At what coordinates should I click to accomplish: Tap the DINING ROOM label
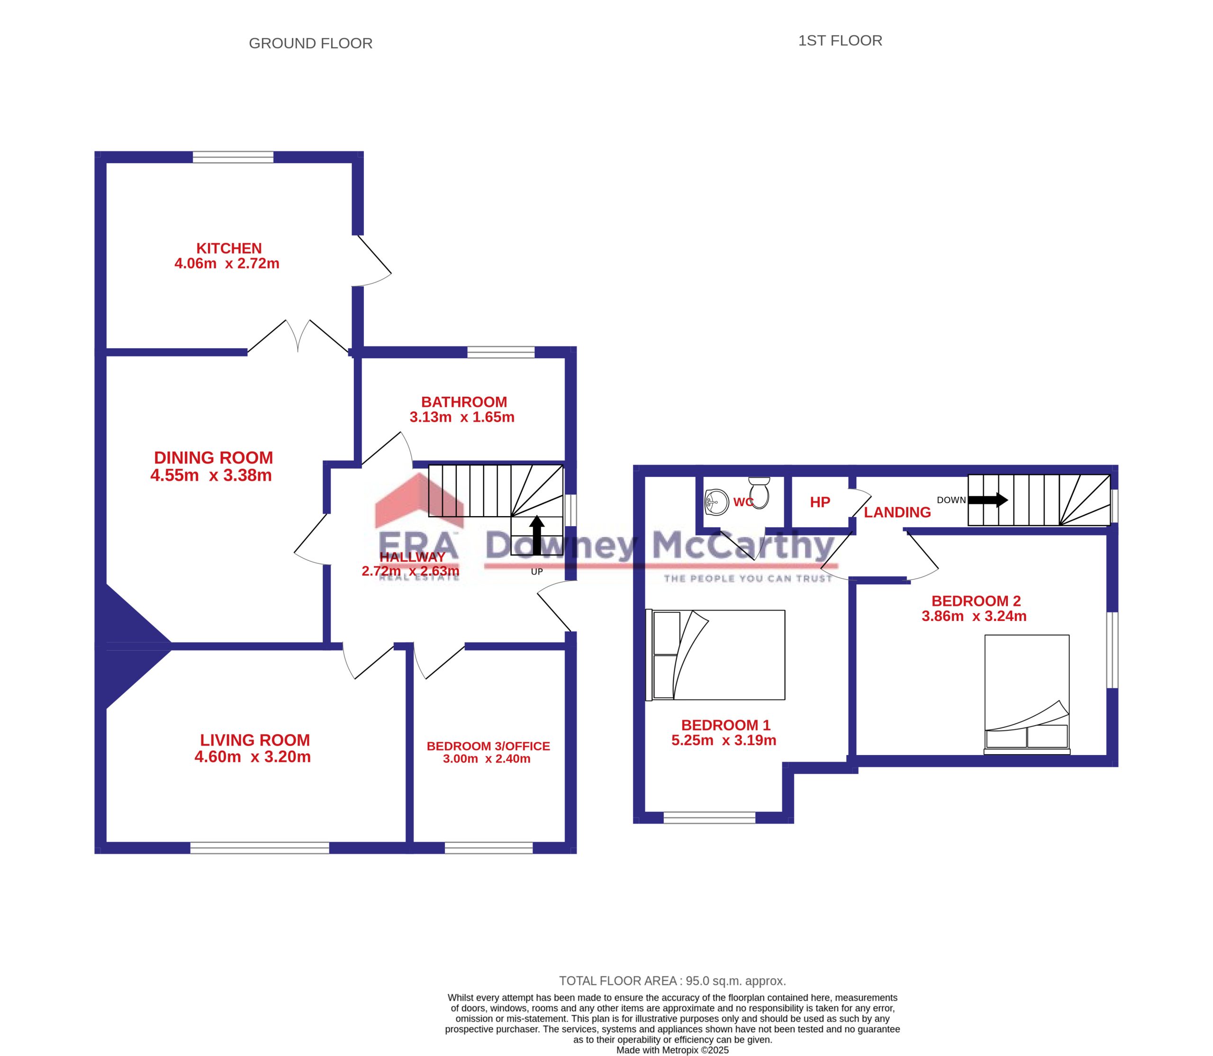pos(213,457)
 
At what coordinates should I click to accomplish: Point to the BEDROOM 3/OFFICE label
pos(489,746)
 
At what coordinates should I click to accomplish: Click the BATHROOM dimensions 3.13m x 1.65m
pos(462,417)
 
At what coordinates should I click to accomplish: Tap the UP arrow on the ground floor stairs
pos(537,536)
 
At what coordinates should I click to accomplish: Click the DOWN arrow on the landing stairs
pos(988,501)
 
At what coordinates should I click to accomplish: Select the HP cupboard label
pos(820,502)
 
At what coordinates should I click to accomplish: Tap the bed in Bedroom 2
pos(1027,695)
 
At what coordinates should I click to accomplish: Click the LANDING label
pos(897,513)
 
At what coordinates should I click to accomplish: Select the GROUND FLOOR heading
pos(310,44)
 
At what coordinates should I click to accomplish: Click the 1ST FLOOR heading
pos(840,41)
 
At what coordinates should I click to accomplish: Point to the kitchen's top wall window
pos(233,157)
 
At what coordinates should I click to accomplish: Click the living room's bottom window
pos(260,848)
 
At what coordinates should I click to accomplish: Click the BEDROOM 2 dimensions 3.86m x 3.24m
pos(974,616)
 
